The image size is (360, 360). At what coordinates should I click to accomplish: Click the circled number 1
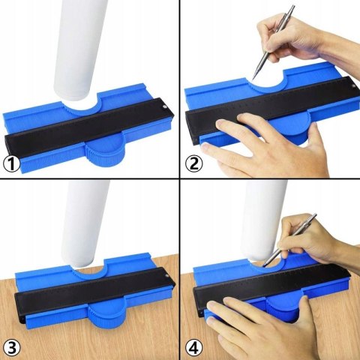[x=12, y=164]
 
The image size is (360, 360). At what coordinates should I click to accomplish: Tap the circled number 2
[x=194, y=164]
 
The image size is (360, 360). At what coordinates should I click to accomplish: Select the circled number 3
[x=12, y=348]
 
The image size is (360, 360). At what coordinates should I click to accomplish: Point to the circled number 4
[x=194, y=348]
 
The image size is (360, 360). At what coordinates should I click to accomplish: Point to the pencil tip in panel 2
[x=253, y=79]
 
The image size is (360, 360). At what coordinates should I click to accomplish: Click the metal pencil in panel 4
[x=290, y=240]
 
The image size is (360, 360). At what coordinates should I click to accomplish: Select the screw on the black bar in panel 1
[x=164, y=106]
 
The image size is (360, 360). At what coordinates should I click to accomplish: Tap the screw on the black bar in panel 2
[x=353, y=85]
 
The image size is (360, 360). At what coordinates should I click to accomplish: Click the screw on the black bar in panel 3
[x=167, y=276]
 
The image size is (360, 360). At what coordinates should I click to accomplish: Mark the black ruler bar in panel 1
[x=88, y=127]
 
